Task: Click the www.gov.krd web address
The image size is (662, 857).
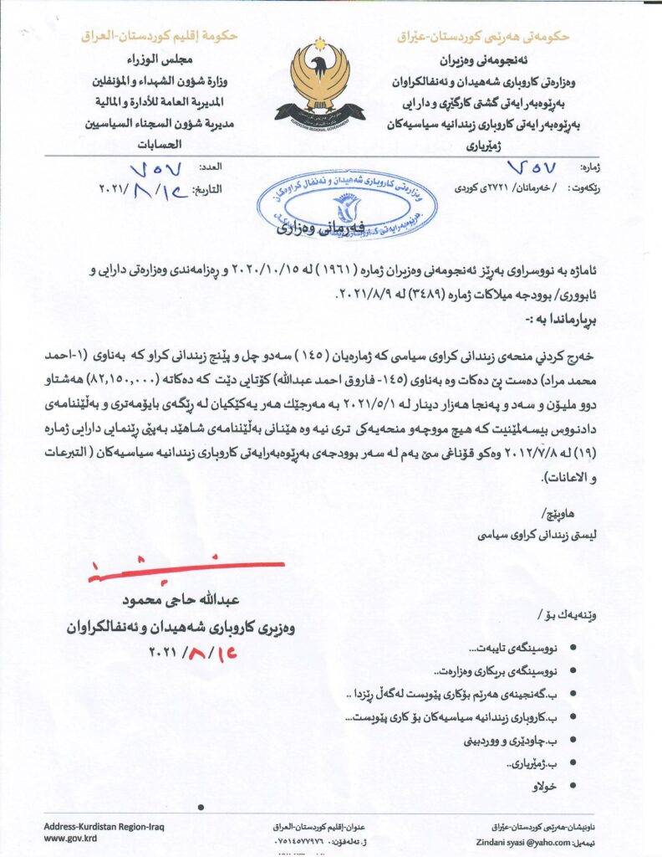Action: [69, 838]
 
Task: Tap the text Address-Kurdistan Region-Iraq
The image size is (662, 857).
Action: [104, 826]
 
